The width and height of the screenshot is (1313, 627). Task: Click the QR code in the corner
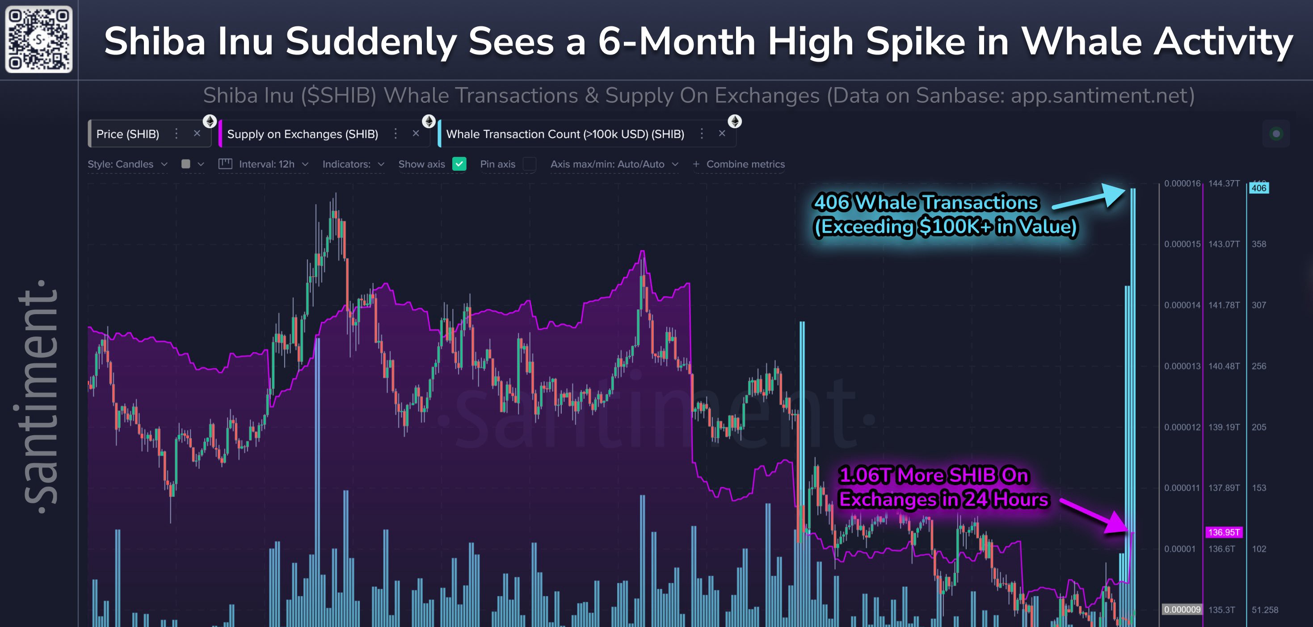coord(39,39)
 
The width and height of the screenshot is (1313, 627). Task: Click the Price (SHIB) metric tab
coord(128,134)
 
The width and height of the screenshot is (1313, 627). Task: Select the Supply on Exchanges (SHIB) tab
coord(302,134)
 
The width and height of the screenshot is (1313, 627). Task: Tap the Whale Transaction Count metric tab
coord(565,134)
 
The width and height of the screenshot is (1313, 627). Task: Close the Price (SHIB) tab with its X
coord(197,134)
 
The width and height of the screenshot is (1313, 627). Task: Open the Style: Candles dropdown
coord(127,164)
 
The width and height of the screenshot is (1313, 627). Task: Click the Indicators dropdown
coord(353,164)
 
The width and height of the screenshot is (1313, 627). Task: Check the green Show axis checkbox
coord(459,164)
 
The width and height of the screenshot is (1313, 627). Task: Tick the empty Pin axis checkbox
coord(530,164)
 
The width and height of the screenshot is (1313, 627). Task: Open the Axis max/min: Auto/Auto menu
coord(614,164)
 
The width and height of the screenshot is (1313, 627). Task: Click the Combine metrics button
coord(739,164)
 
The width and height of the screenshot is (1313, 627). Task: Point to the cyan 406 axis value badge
coord(1258,188)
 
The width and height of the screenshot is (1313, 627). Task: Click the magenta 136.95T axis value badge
coord(1224,532)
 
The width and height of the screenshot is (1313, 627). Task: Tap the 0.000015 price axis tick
coord(1182,244)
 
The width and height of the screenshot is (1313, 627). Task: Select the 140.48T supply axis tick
coord(1224,366)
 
